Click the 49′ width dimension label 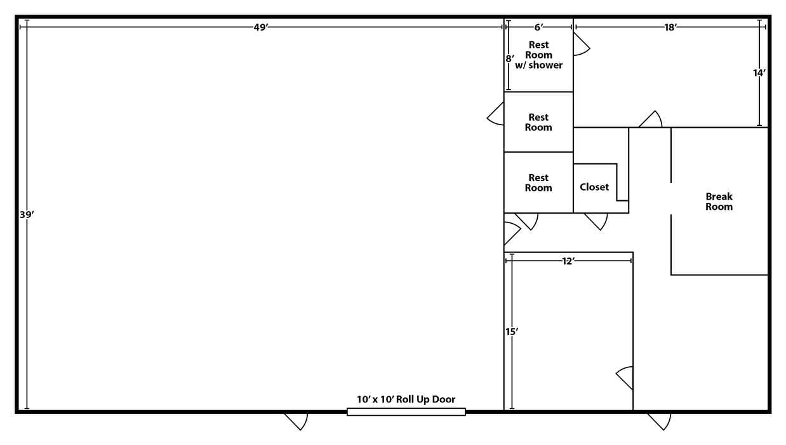click(x=261, y=27)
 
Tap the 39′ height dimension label click(x=27, y=214)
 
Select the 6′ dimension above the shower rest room click(x=539, y=27)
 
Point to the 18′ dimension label click(x=670, y=27)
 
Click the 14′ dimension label click(x=759, y=72)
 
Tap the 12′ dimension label click(x=568, y=261)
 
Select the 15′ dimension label click(x=512, y=331)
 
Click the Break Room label click(x=719, y=202)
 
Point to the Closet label click(x=594, y=187)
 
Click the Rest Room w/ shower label click(x=538, y=55)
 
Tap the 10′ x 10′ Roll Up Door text click(x=406, y=399)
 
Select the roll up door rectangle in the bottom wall click(x=406, y=412)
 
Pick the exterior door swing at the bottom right click(x=660, y=421)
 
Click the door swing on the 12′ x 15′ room click(x=625, y=378)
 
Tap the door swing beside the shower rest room click(x=582, y=44)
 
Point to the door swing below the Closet click(x=596, y=221)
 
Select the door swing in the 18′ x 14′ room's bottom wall click(x=651, y=120)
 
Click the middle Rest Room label click(x=538, y=122)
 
